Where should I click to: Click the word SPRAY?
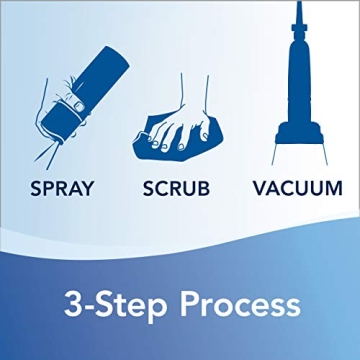62,189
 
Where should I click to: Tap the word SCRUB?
176,189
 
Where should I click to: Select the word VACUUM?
298,189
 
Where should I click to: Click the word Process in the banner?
240,305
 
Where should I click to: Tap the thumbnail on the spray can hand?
79,106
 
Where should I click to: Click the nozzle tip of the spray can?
61,142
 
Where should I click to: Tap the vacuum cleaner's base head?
299,133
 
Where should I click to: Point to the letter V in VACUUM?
260,189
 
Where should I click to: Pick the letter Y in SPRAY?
87,189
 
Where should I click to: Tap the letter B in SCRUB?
204,189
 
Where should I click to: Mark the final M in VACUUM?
335,189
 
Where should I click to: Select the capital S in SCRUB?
149,189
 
